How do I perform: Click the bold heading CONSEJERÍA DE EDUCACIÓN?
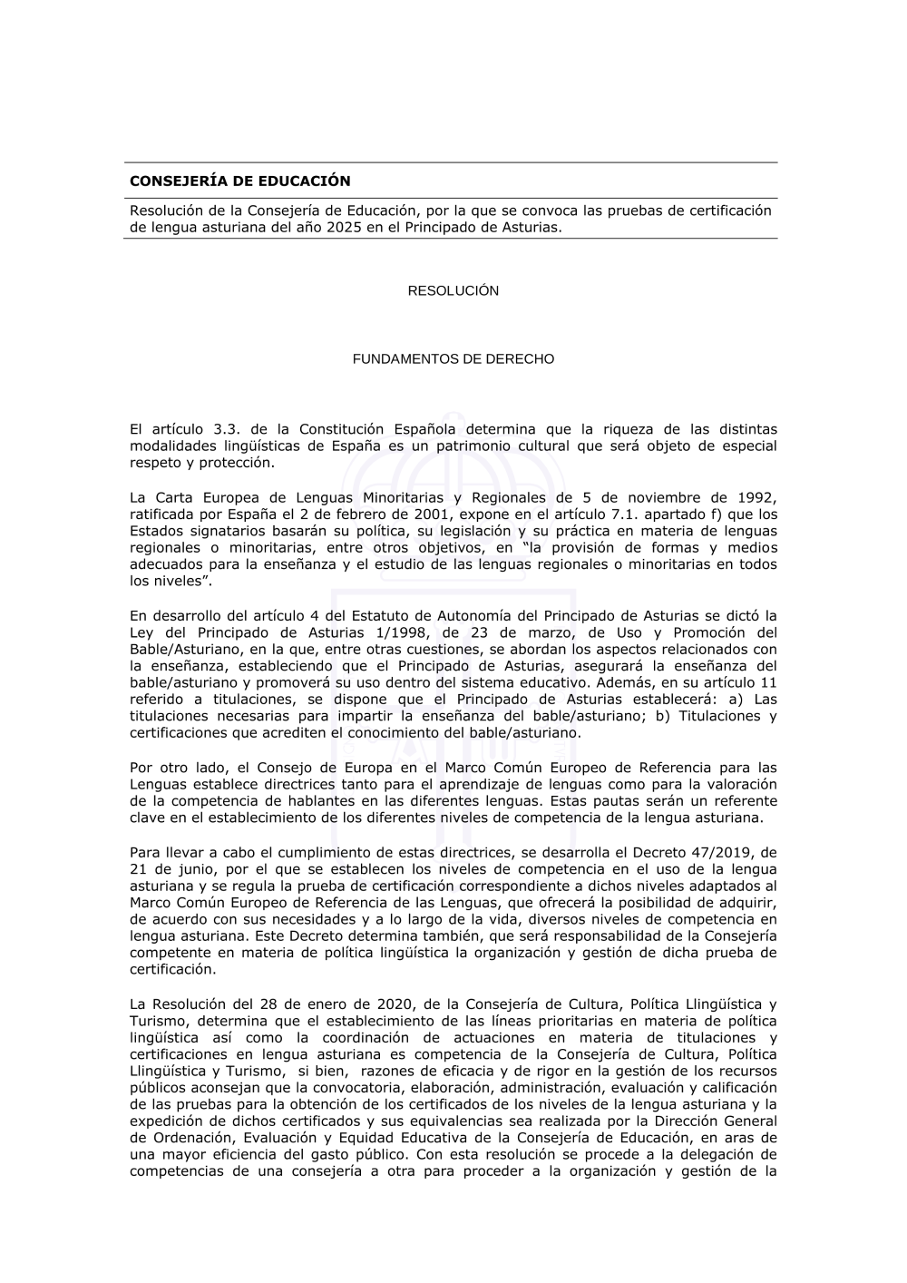coord(239,181)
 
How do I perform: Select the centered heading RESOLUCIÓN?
coord(453,291)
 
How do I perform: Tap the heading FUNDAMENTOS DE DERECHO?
coord(453,359)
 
